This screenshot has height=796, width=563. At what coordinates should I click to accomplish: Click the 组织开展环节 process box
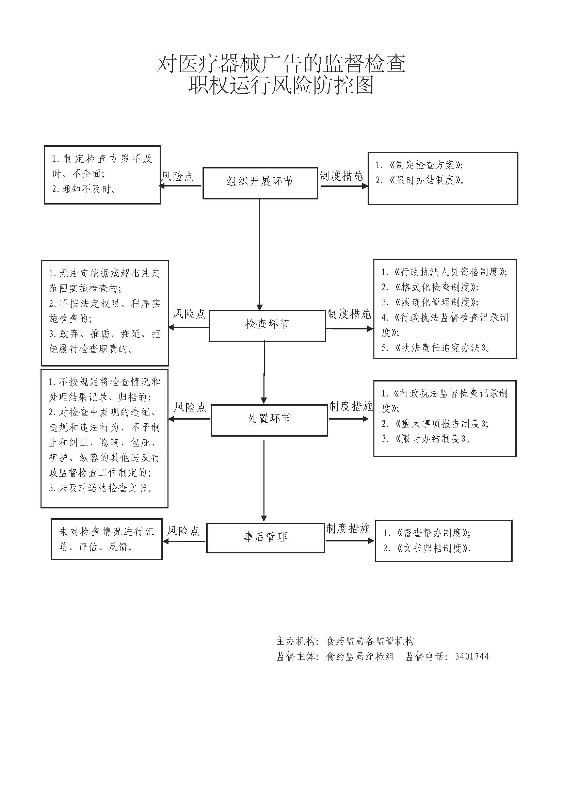pos(260,183)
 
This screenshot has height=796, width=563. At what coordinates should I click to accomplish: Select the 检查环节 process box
pos(267,325)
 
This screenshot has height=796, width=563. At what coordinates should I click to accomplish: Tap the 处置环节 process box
pos(269,420)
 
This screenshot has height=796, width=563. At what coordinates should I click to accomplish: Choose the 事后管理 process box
pos(266,537)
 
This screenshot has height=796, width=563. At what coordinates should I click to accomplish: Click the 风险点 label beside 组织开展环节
pos(177,176)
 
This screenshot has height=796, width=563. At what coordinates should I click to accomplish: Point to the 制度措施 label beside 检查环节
pos(350,314)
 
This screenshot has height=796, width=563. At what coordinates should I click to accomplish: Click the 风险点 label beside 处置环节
pos(190,407)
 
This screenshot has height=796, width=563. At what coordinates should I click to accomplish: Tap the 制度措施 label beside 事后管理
pos(348,529)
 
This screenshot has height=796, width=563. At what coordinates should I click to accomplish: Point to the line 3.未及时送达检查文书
pos(100,488)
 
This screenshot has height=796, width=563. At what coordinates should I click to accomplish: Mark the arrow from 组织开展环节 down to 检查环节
pos(259,253)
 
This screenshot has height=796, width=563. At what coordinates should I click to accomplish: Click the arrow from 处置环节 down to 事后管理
pos(264,480)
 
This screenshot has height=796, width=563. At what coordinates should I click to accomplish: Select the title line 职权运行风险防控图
pos(281,85)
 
